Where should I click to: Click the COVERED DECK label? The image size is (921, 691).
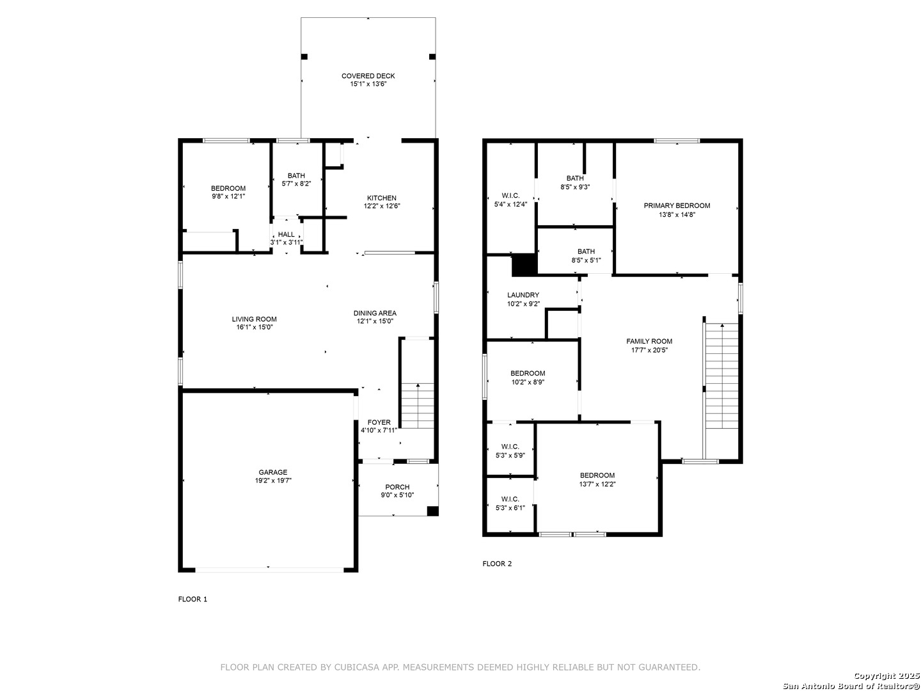368,76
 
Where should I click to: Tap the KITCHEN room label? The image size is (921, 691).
381,198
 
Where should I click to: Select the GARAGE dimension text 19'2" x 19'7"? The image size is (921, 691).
273,481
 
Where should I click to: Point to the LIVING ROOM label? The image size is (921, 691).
255,319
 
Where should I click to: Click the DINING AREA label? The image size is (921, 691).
375,313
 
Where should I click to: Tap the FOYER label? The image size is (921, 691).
379,422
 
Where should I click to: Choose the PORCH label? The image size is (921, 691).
397,487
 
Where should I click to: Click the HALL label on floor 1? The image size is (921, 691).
286,235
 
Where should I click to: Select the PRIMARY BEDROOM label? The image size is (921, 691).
677,205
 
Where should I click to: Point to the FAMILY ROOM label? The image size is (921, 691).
649,342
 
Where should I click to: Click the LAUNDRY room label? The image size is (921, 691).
523,295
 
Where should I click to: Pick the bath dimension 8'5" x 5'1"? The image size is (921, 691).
586,260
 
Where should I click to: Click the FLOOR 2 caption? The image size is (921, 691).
497,564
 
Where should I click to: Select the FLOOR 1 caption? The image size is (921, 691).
193,599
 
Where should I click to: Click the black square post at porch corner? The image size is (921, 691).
432,511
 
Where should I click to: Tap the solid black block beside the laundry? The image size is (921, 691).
524,266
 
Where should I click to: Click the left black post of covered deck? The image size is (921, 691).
304,57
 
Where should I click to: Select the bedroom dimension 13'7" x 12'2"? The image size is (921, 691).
597,484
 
